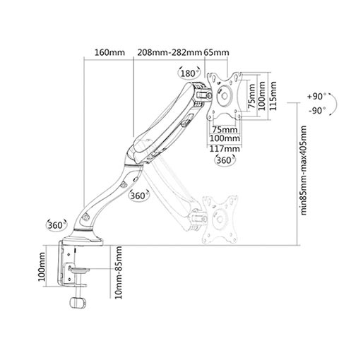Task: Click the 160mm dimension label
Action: coord(109,52)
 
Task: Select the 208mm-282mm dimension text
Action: coord(169,52)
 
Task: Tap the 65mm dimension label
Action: coord(216,52)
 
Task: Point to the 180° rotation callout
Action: coord(189,73)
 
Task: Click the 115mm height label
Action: coord(273,96)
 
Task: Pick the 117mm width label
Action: coord(225,149)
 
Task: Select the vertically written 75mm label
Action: coord(251,96)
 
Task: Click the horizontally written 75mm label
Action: coord(225,129)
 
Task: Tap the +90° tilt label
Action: coord(316,97)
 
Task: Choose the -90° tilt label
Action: coord(317,110)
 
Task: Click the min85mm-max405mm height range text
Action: coord(304,170)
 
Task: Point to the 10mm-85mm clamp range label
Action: coord(119,272)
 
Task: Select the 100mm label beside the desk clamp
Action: coord(42,267)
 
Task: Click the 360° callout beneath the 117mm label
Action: coord(225,160)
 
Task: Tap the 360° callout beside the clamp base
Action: coord(56,225)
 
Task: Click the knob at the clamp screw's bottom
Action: coord(78,303)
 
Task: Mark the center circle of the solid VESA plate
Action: coord(225,96)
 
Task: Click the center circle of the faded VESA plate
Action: coord(220,220)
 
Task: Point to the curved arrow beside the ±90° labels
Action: coord(333,104)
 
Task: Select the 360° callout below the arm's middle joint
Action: coord(139,196)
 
